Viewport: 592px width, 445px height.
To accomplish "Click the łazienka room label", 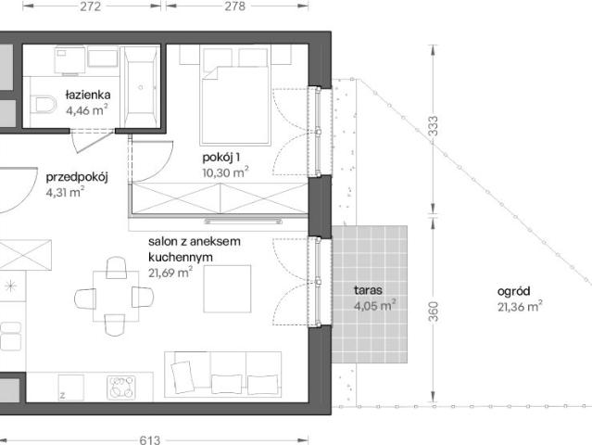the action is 88,95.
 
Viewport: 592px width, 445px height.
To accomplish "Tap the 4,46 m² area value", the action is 87,110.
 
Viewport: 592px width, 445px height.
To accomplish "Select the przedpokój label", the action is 77,177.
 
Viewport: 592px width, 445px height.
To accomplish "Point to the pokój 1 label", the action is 220,158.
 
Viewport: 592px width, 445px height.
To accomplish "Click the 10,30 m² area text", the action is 225,172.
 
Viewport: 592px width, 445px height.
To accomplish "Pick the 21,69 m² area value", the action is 170,272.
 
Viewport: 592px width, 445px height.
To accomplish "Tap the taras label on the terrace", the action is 368,290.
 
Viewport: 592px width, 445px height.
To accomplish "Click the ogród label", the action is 513,291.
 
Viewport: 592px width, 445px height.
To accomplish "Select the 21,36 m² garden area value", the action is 520,306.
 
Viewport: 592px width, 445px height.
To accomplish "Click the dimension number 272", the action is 91,6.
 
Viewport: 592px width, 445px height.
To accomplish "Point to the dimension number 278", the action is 234,6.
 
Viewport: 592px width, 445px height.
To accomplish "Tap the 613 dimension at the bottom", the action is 150,439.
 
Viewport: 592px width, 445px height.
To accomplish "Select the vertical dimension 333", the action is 434,126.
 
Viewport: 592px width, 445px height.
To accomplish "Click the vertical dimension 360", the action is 434,311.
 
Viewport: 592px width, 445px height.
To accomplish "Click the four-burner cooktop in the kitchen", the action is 120,388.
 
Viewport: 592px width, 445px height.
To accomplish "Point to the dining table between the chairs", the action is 116,297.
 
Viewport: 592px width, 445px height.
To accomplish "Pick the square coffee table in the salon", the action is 227,289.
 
